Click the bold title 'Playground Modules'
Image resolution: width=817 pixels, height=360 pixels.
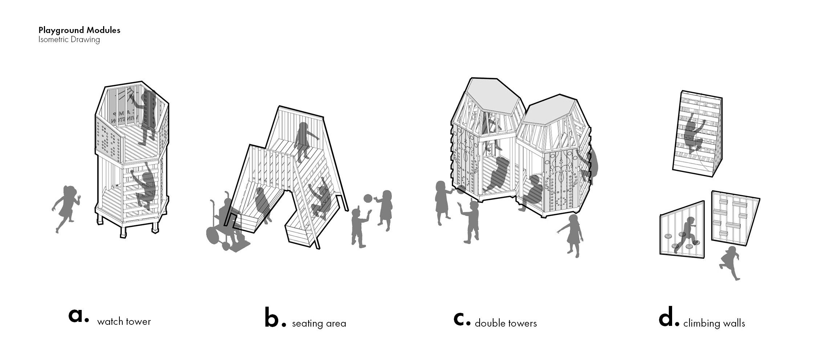[79, 30]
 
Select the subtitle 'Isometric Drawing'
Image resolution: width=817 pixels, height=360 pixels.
[69, 40]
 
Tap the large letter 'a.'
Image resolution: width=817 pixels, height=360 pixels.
[78, 315]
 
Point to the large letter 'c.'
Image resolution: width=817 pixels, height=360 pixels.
[462, 318]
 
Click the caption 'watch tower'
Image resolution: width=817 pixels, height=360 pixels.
[124, 322]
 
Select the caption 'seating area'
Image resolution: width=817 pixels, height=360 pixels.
[319, 323]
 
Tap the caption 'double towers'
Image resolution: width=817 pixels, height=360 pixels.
[505, 323]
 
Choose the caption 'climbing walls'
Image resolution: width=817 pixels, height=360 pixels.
[714, 323]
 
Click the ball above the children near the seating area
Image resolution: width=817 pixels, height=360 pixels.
[368, 199]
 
